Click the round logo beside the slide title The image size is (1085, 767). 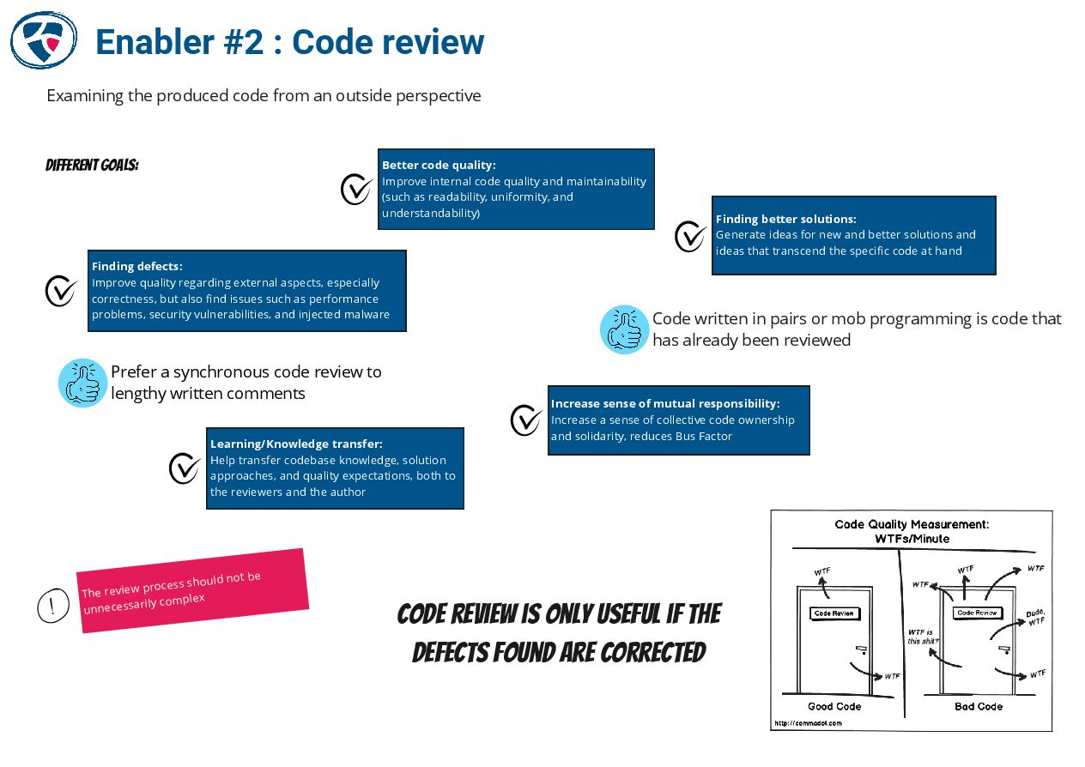[x=43, y=39]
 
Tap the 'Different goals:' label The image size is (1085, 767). [x=92, y=165]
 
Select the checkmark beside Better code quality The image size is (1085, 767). [x=356, y=189]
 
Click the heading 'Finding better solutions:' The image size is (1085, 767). [x=785, y=219]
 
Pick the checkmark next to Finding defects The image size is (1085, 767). [x=61, y=290]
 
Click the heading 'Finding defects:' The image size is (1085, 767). [x=137, y=266]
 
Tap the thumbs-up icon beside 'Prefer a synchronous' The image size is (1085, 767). [x=82, y=383]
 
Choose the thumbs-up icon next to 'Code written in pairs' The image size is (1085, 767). [x=624, y=329]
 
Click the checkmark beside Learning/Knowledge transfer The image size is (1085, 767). [x=185, y=468]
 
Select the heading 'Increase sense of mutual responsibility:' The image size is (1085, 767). [x=665, y=403]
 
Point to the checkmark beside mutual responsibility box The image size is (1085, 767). [x=526, y=420]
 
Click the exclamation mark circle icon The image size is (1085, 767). [x=53, y=606]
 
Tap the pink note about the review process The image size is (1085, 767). [x=192, y=590]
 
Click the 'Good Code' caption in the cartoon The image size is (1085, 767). [x=834, y=706]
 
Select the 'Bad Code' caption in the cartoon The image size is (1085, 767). [x=979, y=706]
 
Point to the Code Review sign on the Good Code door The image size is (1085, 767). [x=833, y=613]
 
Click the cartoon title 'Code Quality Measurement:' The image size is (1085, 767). [x=912, y=524]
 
